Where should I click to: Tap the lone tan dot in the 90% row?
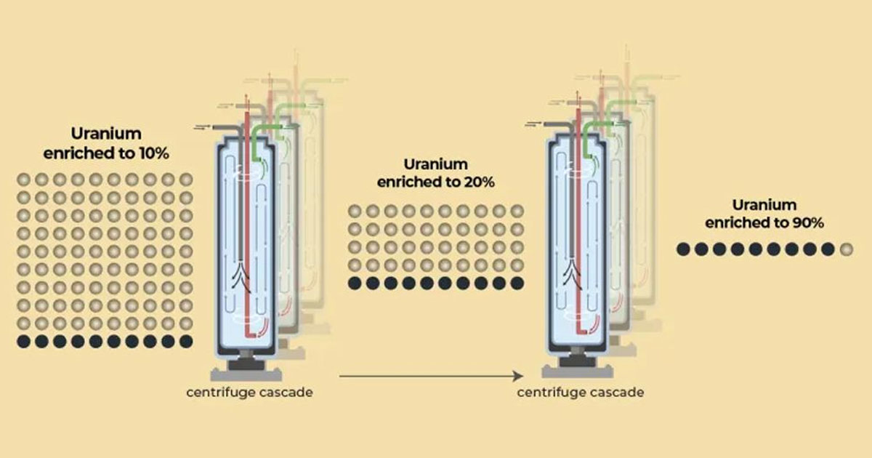[x=845, y=249]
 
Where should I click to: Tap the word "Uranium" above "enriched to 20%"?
[x=435, y=164]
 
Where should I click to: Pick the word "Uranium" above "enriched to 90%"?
[x=764, y=205]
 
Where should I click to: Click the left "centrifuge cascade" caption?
[x=250, y=393]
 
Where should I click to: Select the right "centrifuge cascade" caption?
[x=580, y=393]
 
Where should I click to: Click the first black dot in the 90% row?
[x=683, y=249]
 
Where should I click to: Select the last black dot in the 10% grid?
[x=186, y=340]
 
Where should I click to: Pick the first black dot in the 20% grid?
[x=355, y=283]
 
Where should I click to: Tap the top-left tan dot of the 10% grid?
[x=23, y=179]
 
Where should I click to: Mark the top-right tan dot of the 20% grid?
[x=517, y=211]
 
